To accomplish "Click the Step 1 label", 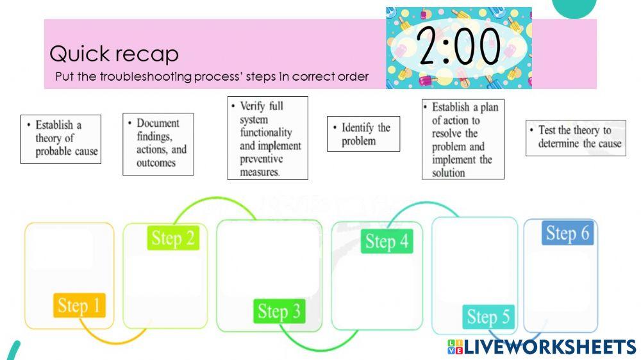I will coord(79,306).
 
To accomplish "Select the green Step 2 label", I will coord(173,238).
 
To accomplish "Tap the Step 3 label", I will coord(279,312).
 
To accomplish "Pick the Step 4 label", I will coord(387,241).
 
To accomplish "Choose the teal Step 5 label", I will coord(488,316).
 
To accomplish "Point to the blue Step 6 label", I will coord(567,233).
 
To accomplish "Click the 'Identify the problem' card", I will coord(363,134).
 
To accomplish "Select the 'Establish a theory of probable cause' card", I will coord(61,138).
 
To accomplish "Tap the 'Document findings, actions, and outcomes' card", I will coord(158,143).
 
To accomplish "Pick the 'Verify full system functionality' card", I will coord(267,138).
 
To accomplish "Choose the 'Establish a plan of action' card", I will coord(463,139).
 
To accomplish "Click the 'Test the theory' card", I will coord(576,137).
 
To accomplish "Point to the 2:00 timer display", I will coord(458,47).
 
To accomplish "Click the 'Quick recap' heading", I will coord(114,54).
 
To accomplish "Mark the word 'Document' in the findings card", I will coord(158,123).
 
